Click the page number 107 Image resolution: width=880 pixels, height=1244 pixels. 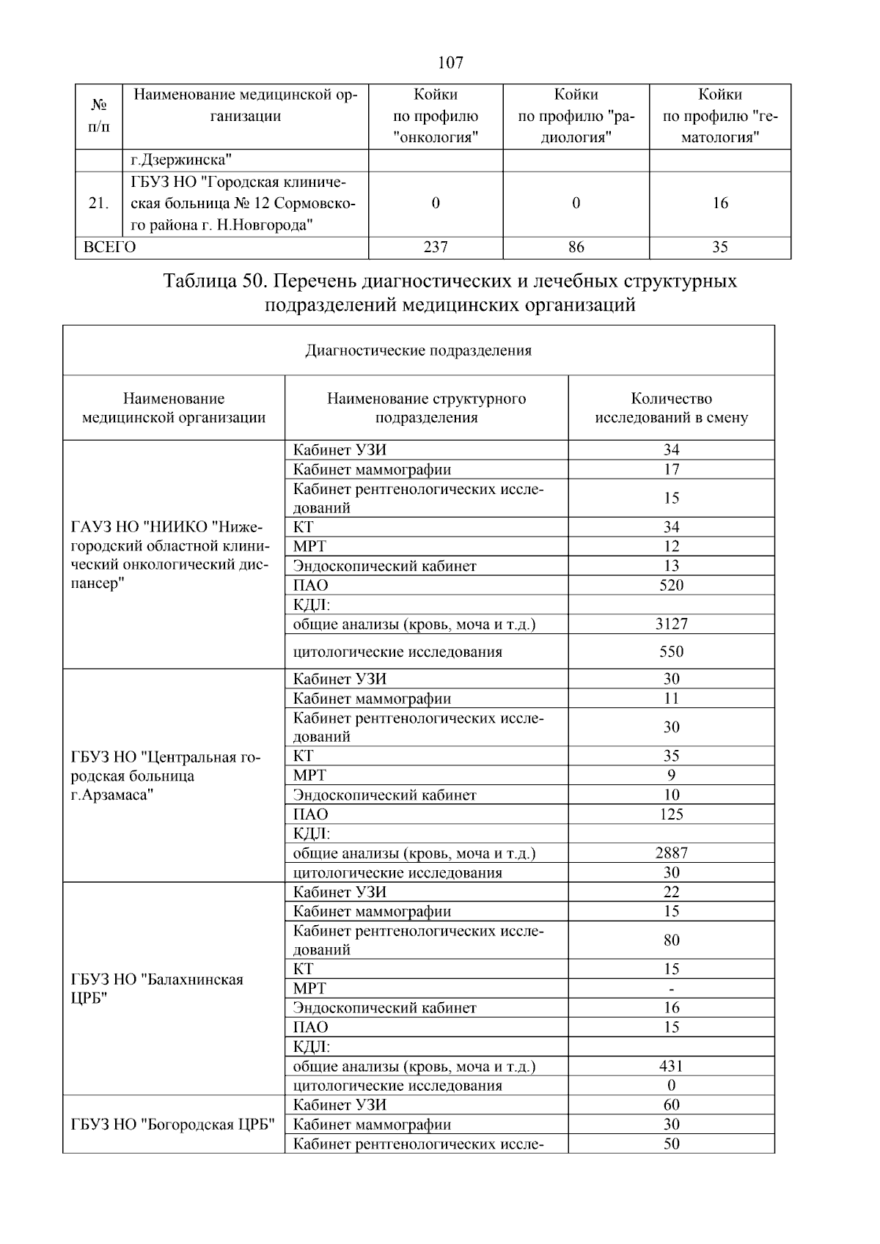450,63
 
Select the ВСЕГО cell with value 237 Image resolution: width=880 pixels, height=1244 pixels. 436,248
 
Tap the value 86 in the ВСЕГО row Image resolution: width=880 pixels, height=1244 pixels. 576,248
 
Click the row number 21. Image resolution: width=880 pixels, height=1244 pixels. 98,204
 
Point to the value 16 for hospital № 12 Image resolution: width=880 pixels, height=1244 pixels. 720,204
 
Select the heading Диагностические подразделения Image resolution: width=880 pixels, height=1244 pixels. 418,350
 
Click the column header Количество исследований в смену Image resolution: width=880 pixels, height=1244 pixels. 671,408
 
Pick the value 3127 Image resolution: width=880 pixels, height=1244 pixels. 671,625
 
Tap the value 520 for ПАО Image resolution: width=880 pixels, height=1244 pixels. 671,586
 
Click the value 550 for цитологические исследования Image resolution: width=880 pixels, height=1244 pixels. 671,652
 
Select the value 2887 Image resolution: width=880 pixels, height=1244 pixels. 671,853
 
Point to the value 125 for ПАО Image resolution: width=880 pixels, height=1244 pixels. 671,814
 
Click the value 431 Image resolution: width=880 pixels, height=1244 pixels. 671,1067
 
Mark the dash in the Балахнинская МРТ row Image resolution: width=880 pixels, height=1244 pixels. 671,989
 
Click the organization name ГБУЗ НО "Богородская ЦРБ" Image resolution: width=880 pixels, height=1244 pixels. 173,1125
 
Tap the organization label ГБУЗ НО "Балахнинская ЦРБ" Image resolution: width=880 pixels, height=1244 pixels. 157,989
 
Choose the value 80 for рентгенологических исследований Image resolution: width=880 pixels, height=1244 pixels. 671,941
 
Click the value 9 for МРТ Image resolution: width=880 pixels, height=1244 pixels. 671,776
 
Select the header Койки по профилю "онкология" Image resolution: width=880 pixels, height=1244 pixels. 436,116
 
